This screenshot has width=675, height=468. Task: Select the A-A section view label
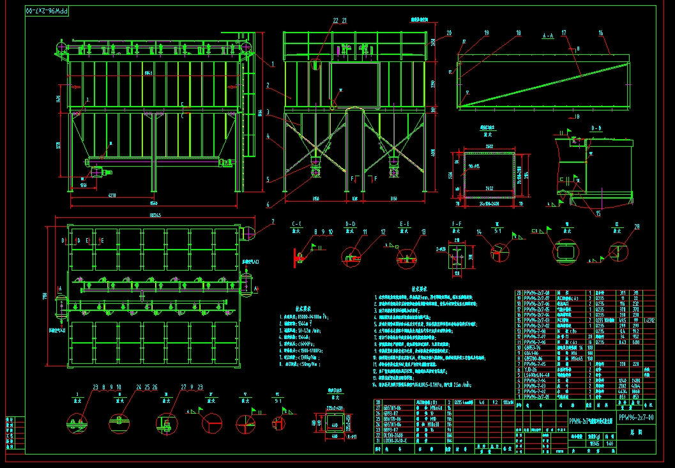pyautogui.click(x=547, y=37)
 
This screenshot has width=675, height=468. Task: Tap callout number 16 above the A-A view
pyautogui.click(x=601, y=32)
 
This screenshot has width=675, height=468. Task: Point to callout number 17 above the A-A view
pyautogui.click(x=564, y=32)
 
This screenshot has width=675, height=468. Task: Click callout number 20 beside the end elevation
pyautogui.click(x=449, y=32)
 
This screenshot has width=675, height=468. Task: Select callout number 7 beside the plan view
pyautogui.click(x=273, y=222)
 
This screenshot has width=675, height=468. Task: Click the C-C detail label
pyautogui.click(x=297, y=223)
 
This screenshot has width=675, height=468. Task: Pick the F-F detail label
pyautogui.click(x=457, y=223)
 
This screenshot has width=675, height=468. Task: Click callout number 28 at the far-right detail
pyautogui.click(x=637, y=227)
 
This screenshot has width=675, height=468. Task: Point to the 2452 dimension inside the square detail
pyautogui.click(x=488, y=189)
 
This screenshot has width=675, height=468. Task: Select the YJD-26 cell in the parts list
pyautogui.click(x=529, y=369)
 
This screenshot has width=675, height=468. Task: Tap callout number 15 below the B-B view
pyautogui.click(x=598, y=214)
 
